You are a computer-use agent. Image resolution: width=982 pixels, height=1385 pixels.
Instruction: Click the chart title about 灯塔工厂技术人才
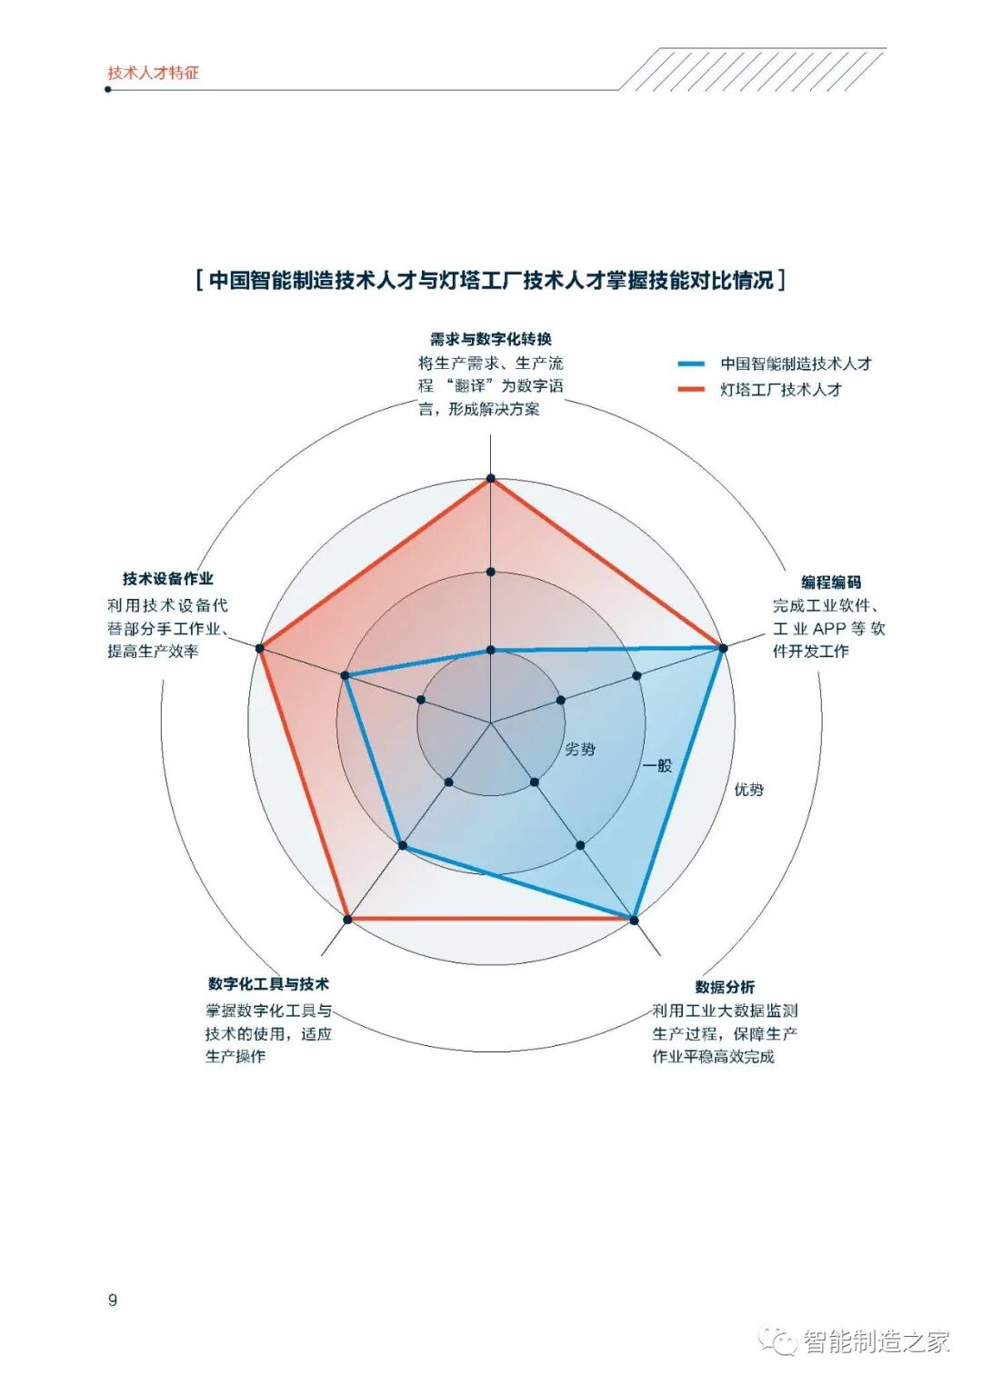click(491, 280)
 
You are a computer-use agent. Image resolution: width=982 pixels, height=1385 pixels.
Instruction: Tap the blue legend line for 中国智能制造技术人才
click(691, 364)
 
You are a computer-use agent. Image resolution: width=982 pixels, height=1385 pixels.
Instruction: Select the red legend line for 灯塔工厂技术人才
click(691, 389)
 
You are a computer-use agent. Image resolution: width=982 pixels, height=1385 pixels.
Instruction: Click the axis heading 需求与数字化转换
click(491, 339)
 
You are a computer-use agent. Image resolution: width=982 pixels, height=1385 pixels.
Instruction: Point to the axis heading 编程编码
click(830, 582)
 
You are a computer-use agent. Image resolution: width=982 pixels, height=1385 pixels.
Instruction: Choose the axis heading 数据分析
click(725, 986)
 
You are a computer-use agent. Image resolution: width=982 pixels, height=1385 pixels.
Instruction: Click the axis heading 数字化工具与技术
click(268, 983)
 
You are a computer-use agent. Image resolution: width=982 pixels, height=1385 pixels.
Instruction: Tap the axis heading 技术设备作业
click(167, 578)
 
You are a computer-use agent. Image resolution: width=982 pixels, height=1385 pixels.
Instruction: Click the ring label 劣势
click(580, 749)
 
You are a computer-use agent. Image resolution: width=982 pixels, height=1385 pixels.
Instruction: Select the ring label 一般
click(657, 765)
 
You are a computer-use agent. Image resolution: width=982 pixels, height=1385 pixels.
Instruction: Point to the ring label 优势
click(748, 790)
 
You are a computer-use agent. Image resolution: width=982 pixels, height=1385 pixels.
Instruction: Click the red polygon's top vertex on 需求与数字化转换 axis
click(491, 478)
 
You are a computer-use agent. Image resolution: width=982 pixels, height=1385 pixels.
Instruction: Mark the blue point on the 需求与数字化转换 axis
click(491, 650)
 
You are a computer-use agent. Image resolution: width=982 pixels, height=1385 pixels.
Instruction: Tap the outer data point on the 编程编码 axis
click(723, 648)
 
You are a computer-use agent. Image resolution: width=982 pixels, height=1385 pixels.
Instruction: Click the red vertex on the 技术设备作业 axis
click(259, 648)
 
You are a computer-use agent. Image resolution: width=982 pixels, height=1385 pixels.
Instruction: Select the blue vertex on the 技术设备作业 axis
click(346, 675)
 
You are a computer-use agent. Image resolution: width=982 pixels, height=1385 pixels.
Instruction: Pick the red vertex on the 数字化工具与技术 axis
click(347, 920)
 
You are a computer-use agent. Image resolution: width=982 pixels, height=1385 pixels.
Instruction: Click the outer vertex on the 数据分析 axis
click(634, 920)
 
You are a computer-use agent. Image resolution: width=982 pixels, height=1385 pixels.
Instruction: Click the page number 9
click(113, 1300)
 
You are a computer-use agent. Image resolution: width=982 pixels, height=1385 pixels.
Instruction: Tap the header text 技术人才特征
click(153, 73)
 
